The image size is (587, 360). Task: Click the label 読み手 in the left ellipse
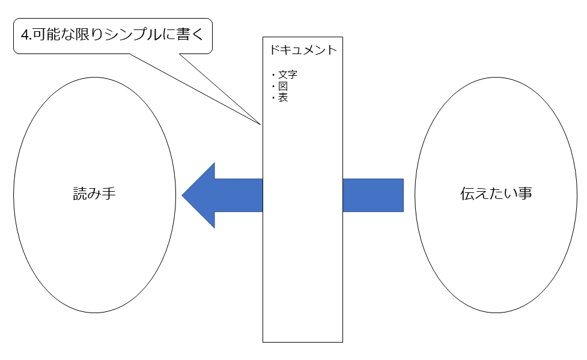coord(94,194)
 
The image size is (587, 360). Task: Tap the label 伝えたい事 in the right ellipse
coord(496,194)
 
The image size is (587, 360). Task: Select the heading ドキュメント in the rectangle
coord(303,50)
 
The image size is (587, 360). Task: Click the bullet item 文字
coord(288,75)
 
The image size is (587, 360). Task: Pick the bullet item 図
coord(282,86)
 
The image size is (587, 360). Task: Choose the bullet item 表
coord(282,97)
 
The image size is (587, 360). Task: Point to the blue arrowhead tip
coord(182,195)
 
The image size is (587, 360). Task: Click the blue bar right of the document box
coord(373,195)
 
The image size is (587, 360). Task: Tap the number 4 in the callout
coord(25,35)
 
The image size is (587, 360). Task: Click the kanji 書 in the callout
coord(183,34)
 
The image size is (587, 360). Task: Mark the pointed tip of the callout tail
coord(260,124)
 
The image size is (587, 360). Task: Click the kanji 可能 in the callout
coord(46,34)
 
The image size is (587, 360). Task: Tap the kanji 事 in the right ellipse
coord(525,194)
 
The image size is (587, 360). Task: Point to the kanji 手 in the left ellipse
coord(109,194)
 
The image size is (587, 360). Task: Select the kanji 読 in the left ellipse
coord(80,194)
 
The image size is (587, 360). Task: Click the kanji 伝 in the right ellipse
coord(467,194)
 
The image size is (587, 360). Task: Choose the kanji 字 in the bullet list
coord(293,75)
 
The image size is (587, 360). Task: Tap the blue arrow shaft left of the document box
coord(239,195)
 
